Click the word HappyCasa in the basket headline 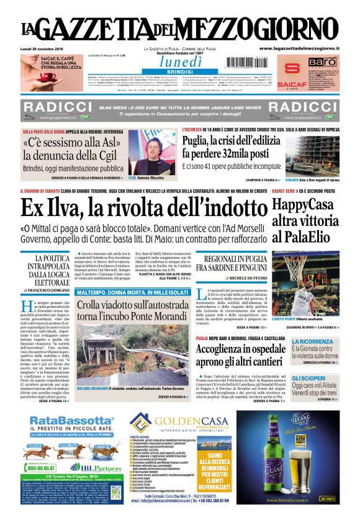click(x=305, y=205)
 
